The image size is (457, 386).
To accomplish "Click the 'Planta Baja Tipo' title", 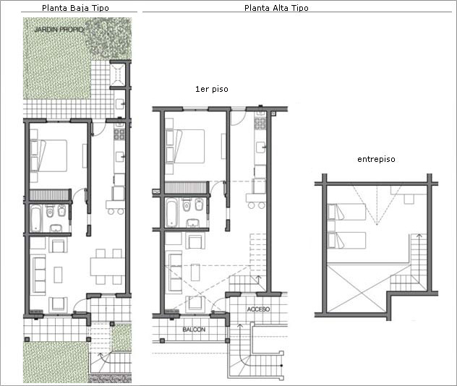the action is coord(75,8).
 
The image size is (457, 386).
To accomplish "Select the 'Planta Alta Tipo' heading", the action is coord(276,8).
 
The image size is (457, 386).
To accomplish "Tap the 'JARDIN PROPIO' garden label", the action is coord(59,30).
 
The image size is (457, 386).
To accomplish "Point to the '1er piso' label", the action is coord(212,89).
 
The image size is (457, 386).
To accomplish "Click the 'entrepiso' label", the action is coord(376,159).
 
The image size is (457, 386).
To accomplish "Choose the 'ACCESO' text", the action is coord(259,309).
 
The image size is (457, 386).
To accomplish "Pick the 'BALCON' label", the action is coord(194,330).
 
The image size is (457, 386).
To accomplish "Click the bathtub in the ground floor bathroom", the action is coord(36,218).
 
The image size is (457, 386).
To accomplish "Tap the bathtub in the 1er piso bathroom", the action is coord(171,213).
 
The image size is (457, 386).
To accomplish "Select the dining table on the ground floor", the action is coord(108,267).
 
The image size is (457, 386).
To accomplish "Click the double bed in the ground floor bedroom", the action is coord(48,155).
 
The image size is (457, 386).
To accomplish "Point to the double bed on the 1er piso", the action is coord(185,147).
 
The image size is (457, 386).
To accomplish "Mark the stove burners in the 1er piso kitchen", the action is coord(260,123).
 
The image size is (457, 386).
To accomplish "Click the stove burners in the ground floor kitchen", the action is coord(119,134).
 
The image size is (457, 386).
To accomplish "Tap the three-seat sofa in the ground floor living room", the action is coord(39,275).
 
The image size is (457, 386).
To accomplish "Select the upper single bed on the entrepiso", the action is coord(346,212).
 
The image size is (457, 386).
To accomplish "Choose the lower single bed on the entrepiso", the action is coord(346,240).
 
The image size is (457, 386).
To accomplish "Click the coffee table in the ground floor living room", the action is coord(58,275).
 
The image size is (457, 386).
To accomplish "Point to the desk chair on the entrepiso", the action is coord(409,199).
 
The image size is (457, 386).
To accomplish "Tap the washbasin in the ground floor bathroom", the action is coord(56,228).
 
